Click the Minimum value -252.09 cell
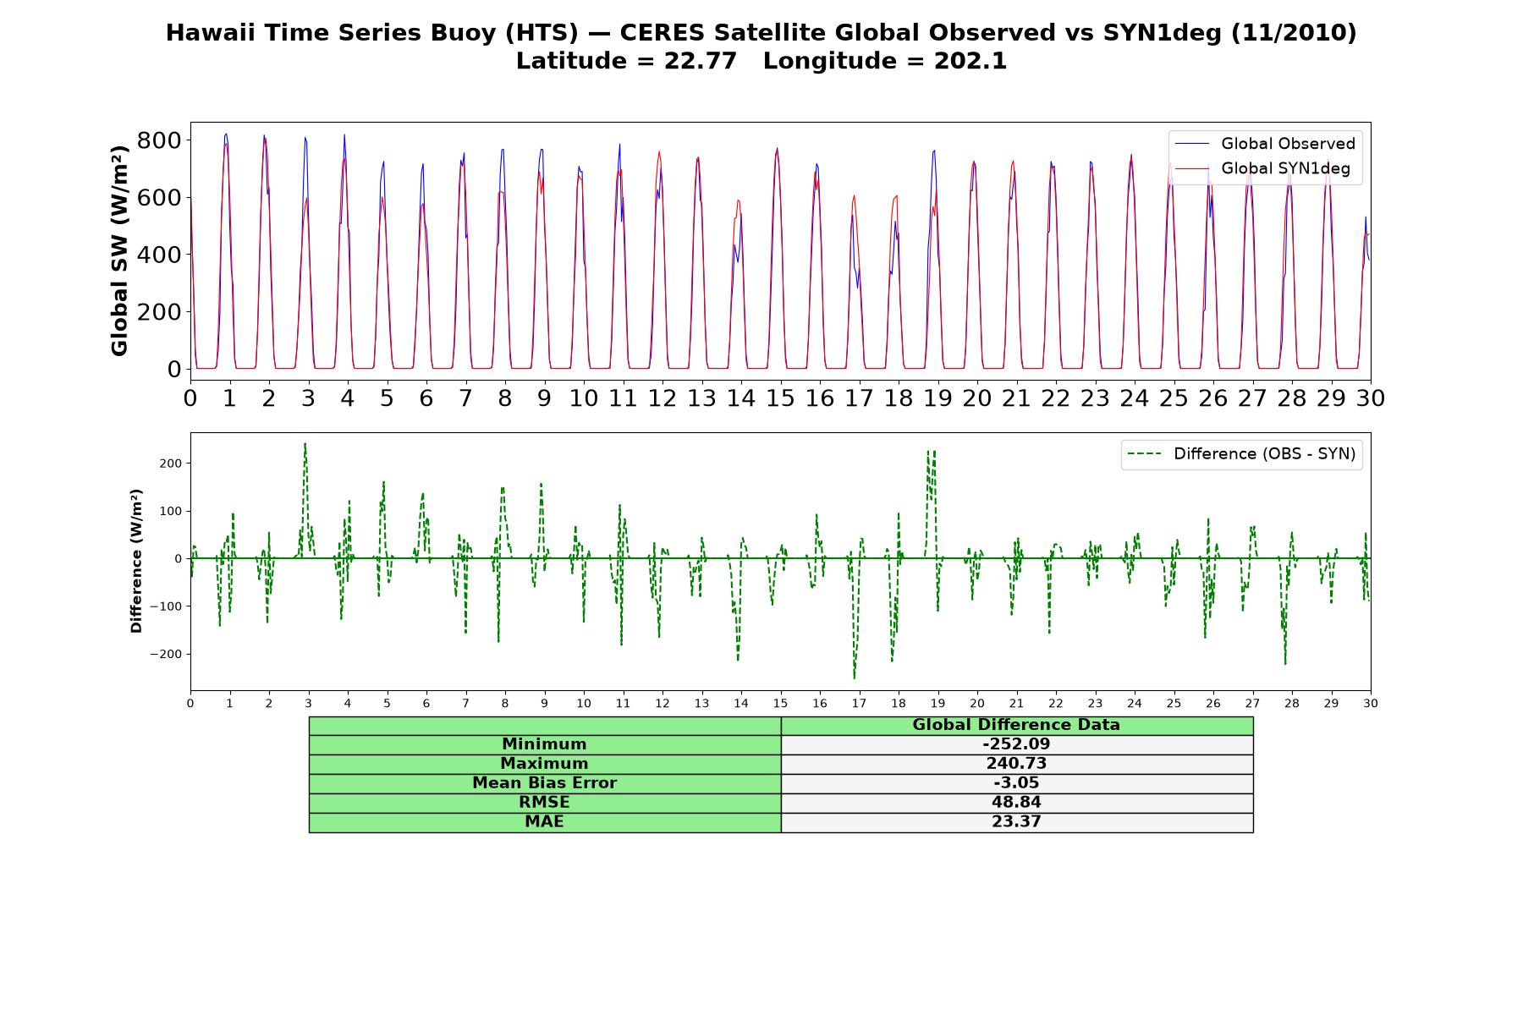point(1016,744)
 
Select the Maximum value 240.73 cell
point(1016,764)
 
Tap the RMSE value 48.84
point(1016,803)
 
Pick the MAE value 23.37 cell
point(1016,822)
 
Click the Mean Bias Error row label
point(544,783)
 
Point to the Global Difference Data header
point(1016,725)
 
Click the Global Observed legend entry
point(1266,144)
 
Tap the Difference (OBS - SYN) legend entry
point(1242,454)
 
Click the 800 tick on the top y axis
point(159,140)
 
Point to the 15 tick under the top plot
point(780,398)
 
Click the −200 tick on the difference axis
point(167,654)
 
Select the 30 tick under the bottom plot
point(1370,704)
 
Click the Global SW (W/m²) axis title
point(119,251)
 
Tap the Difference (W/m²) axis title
point(136,561)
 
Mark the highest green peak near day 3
point(305,444)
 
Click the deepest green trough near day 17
point(855,678)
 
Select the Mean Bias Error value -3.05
point(1016,783)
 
